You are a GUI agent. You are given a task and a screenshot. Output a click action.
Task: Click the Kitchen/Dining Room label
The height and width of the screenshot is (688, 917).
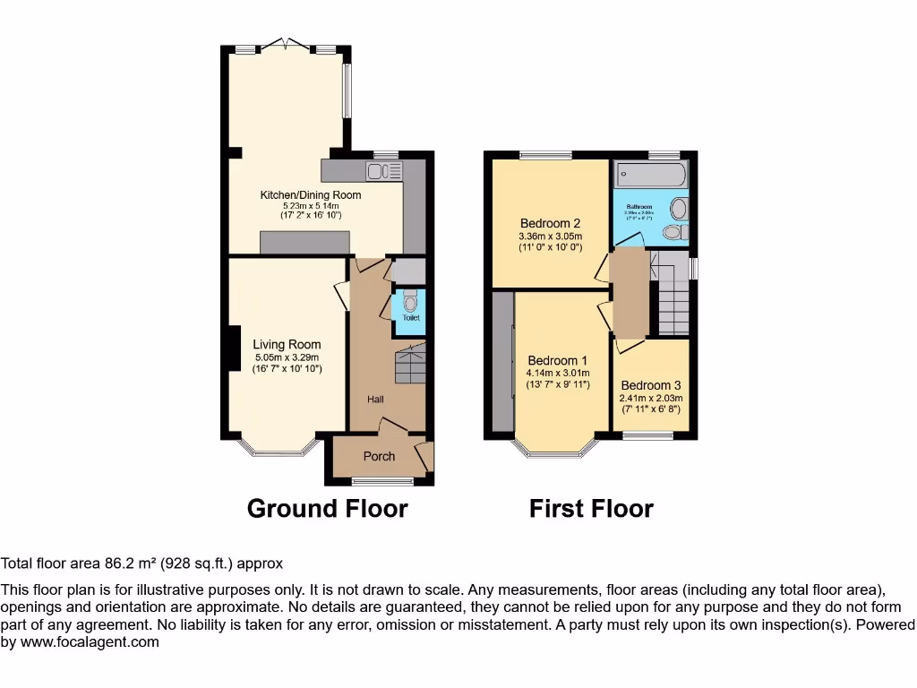[x=311, y=194]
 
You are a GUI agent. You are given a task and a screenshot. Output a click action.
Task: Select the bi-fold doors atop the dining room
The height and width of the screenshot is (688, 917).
[x=286, y=45]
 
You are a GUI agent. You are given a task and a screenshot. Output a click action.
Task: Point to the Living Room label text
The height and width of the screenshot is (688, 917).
[x=287, y=344]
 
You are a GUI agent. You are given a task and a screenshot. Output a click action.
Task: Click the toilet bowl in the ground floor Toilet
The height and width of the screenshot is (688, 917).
[x=410, y=299]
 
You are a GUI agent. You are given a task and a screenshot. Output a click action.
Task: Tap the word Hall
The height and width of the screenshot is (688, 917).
[x=375, y=399]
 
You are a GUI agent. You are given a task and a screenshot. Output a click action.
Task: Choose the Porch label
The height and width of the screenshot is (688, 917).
[x=379, y=456]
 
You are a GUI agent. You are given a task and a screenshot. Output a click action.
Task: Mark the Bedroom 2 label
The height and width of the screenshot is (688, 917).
[x=551, y=223]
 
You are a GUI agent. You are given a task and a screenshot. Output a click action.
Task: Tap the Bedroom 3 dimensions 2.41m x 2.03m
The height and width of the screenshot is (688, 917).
[x=651, y=398]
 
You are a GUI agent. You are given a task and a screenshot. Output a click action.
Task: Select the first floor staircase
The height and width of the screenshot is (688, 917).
[x=673, y=301]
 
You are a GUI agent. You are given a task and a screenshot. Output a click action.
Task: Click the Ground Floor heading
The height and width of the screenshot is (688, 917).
[x=327, y=509]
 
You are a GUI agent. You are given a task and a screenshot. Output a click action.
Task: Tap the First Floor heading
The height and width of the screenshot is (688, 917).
[x=591, y=509]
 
